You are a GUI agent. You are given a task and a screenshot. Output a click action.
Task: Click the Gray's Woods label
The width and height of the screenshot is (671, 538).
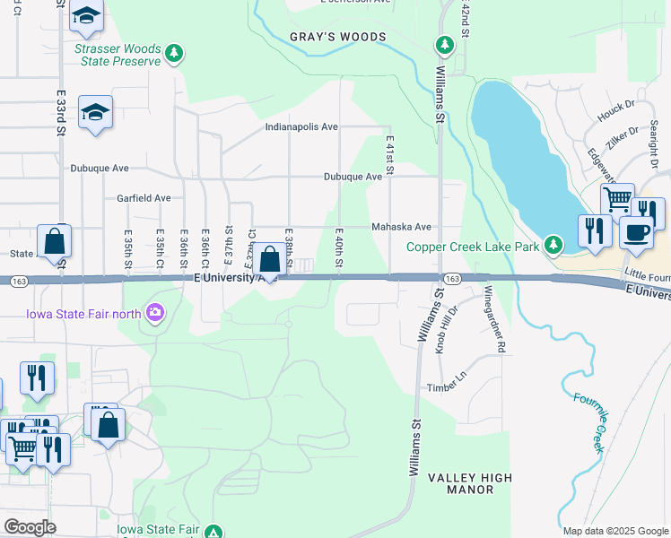(x=337, y=37)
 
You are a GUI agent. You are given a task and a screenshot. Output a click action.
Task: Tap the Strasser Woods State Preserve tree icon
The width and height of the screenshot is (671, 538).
(x=174, y=54)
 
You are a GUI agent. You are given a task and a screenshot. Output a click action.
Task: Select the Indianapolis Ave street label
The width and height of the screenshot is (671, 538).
(x=301, y=127)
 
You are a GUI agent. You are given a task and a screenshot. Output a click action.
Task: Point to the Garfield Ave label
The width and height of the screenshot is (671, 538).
(x=143, y=198)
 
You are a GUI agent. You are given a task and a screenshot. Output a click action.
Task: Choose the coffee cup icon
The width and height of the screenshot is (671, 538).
(x=636, y=231)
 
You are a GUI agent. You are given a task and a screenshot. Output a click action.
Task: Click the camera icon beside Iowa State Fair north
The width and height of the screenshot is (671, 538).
(x=156, y=312)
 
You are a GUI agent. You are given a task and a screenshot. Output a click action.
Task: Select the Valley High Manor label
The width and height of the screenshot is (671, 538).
(x=460, y=483)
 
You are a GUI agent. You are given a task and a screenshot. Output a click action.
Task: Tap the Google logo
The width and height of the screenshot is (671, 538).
(x=30, y=527)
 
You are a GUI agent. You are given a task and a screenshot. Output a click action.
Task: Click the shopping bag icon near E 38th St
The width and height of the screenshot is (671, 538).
(x=269, y=260)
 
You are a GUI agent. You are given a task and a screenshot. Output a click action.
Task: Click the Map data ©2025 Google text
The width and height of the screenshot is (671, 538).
(x=614, y=531)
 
